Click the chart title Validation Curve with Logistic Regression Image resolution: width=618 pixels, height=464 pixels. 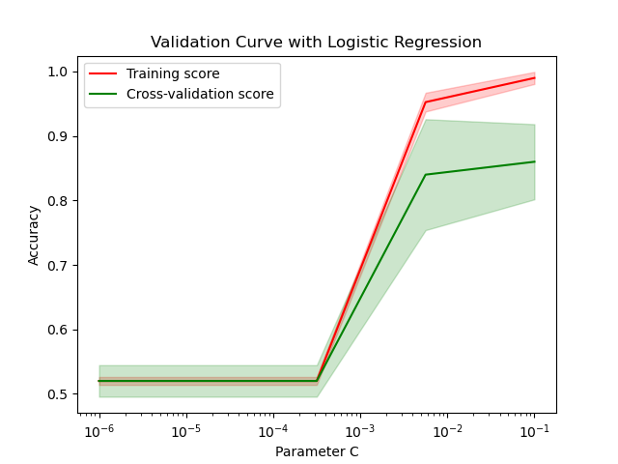(x=316, y=43)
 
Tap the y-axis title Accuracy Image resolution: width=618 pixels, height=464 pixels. (x=34, y=235)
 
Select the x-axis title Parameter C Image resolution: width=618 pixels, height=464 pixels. (x=317, y=451)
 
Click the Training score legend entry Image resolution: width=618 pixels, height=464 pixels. (x=173, y=74)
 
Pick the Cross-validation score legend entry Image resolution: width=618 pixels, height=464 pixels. (x=200, y=95)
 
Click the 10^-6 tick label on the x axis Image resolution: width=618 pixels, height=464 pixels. (x=98, y=430)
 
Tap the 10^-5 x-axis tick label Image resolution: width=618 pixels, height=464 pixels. (x=185, y=430)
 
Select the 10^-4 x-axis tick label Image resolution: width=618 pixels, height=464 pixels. (x=273, y=430)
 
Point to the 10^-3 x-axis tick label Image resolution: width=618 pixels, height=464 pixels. (x=360, y=430)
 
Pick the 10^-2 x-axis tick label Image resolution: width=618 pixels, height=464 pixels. (x=447, y=430)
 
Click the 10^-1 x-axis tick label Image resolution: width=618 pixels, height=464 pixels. (x=534, y=430)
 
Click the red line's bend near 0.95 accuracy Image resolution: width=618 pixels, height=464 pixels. (x=426, y=102)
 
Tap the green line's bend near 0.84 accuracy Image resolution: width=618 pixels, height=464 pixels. (x=426, y=175)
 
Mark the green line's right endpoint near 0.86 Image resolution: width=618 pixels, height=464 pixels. (x=534, y=161)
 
